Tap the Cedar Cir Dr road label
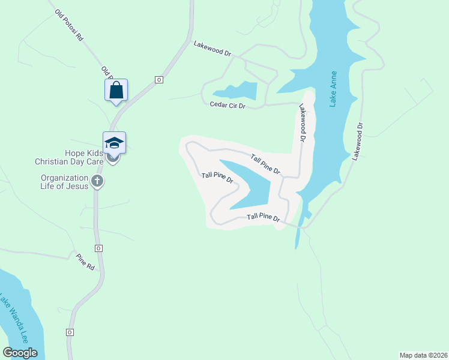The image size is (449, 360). tap(228, 106)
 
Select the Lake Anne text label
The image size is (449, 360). tap(334, 89)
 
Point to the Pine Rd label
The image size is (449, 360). tap(86, 262)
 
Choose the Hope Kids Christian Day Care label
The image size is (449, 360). tap(68, 157)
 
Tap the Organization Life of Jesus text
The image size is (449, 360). tap(64, 182)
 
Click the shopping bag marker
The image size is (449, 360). tap(116, 90)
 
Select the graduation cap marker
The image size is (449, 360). tap(114, 143)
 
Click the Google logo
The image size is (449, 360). tap(20, 353)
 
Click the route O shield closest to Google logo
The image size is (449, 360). tap(70, 332)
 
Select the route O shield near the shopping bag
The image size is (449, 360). tap(158, 79)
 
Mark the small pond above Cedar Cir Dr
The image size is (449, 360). tap(237, 91)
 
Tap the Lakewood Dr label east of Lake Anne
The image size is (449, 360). tap(358, 141)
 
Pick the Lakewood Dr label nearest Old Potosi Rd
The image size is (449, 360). tap(212, 49)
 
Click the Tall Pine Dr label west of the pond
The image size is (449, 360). tap(217, 179)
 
